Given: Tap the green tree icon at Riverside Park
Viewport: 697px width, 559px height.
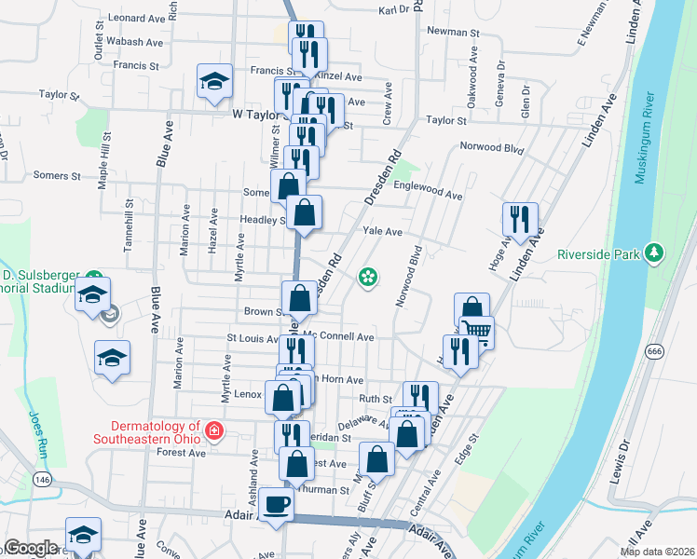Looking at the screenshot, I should tap(655, 252).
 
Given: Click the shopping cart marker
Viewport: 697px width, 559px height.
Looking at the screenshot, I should tap(477, 331).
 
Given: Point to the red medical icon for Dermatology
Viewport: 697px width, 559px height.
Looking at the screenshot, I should tap(214, 430).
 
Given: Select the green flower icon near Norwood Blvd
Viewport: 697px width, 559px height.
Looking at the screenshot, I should tap(368, 276).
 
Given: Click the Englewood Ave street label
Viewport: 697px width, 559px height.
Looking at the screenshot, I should tap(428, 196).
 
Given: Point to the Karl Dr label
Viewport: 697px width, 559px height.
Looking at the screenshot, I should tap(394, 10).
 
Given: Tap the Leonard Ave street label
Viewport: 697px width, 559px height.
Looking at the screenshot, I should tap(136, 18).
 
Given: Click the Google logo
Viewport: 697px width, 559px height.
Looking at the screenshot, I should tap(31, 548).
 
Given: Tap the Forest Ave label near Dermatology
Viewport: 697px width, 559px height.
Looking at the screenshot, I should tap(182, 453).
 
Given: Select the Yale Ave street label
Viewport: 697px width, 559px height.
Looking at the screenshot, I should tap(381, 231).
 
